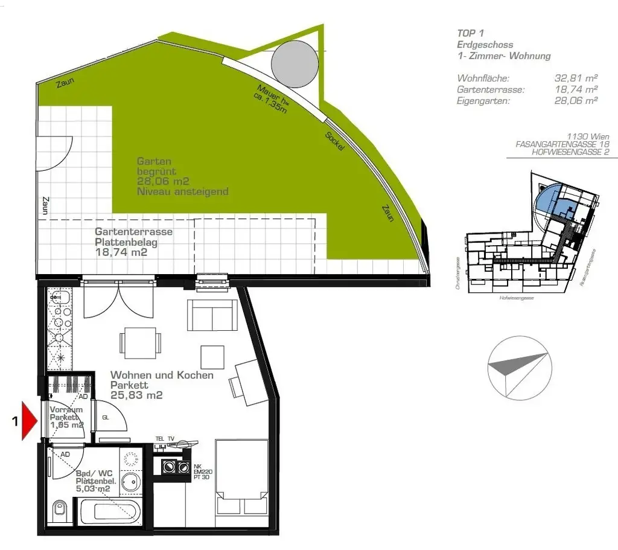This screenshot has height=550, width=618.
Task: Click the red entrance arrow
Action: click(x=30, y=421)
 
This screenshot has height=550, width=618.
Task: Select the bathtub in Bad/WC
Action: click(x=109, y=512)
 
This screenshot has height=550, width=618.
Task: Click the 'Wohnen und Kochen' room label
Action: click(x=162, y=375)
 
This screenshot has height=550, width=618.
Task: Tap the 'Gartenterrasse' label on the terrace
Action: click(x=134, y=232)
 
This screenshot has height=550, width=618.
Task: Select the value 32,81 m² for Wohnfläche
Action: click(x=576, y=78)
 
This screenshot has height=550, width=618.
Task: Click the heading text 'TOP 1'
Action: click(x=471, y=33)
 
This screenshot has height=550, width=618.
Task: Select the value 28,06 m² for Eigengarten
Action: click(x=576, y=101)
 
